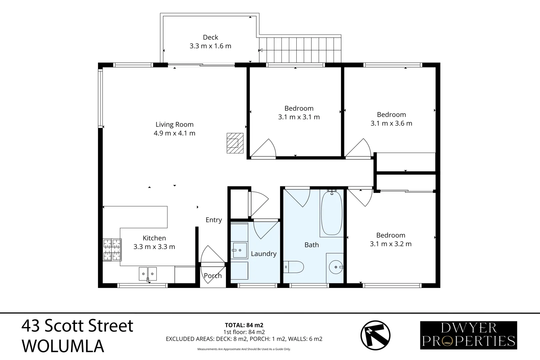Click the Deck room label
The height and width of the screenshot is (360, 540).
[210, 37]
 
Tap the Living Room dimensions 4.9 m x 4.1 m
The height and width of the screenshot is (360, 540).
[175, 133]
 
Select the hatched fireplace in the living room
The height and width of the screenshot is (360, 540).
[235, 143]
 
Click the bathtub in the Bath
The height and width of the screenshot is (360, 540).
[332, 213]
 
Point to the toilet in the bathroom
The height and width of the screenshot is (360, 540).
[293, 267]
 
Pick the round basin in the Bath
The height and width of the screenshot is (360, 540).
[336, 267]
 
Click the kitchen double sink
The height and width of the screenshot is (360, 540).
[148, 274]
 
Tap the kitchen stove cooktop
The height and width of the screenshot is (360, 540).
[112, 250]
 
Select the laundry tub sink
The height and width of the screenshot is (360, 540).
[240, 250]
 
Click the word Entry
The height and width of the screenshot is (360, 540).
[214, 220]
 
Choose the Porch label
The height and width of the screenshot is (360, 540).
[213, 276]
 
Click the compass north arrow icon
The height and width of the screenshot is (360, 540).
[375, 335]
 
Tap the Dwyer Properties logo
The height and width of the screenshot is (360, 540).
[468, 335]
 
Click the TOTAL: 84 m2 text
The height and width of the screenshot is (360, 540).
[244, 325]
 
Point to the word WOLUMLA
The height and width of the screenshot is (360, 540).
[63, 346]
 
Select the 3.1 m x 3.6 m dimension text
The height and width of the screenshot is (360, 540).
[391, 123]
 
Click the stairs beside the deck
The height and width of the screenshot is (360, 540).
[300, 50]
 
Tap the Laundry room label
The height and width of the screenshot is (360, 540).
[264, 254]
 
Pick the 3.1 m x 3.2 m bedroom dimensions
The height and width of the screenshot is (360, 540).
[391, 244]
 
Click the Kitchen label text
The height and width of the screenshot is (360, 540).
[154, 238]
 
